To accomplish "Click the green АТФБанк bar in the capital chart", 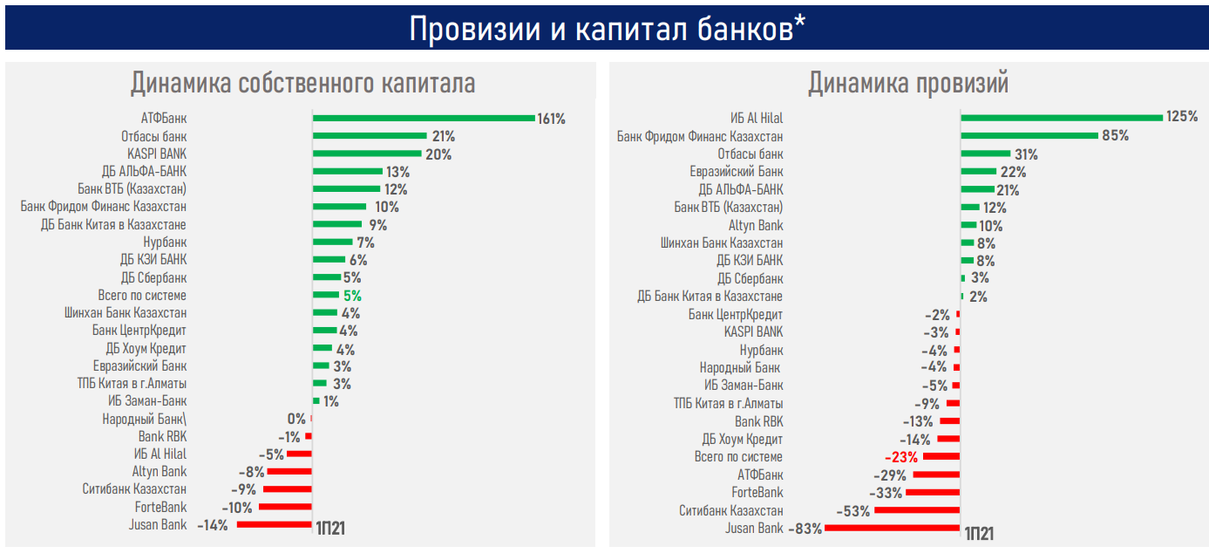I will point(424,118).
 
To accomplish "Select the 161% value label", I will point(551,119).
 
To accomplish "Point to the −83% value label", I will point(805,529).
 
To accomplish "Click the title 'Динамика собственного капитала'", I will point(302,84).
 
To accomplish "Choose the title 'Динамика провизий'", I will point(908,84).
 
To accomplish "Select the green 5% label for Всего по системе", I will point(352,297).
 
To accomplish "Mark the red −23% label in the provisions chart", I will point(901,457).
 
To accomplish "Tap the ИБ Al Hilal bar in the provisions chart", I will point(1062,118).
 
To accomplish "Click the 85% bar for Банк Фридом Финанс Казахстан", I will point(1029,135).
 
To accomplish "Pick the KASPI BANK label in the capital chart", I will point(157,154).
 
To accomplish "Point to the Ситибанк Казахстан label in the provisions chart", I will point(730,510).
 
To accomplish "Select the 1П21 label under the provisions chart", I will point(979,533).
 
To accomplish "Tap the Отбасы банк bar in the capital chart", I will point(370,136).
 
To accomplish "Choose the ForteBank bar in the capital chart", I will point(285,507).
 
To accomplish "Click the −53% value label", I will point(852,511).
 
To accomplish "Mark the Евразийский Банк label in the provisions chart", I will point(737,172).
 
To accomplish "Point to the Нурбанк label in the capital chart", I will point(165,242).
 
